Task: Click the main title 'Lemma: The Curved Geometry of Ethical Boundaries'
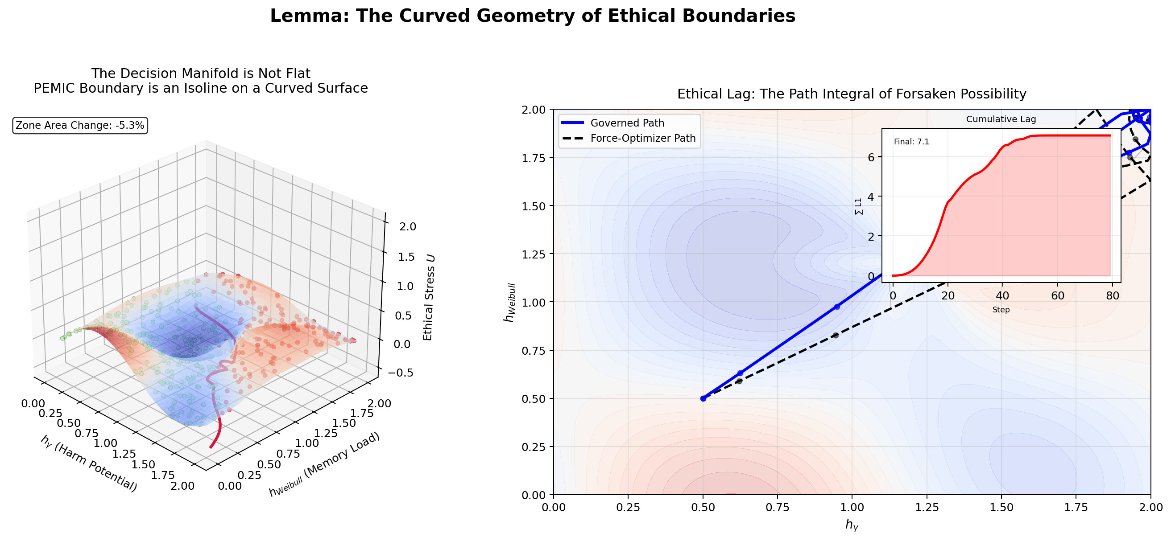click(532, 16)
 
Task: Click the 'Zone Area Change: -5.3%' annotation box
click(80, 125)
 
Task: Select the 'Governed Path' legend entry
click(627, 123)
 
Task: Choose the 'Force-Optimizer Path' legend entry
click(643, 138)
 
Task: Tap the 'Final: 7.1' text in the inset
click(911, 142)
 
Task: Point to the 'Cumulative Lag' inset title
click(1001, 119)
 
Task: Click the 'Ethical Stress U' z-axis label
click(429, 298)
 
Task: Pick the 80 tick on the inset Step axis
click(1112, 296)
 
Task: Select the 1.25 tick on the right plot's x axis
click(927, 507)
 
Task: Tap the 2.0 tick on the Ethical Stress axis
click(407, 227)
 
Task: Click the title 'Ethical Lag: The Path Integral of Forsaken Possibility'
click(852, 94)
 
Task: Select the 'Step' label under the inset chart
click(1001, 310)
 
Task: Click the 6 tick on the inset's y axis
click(871, 157)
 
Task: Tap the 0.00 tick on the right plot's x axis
click(553, 507)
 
